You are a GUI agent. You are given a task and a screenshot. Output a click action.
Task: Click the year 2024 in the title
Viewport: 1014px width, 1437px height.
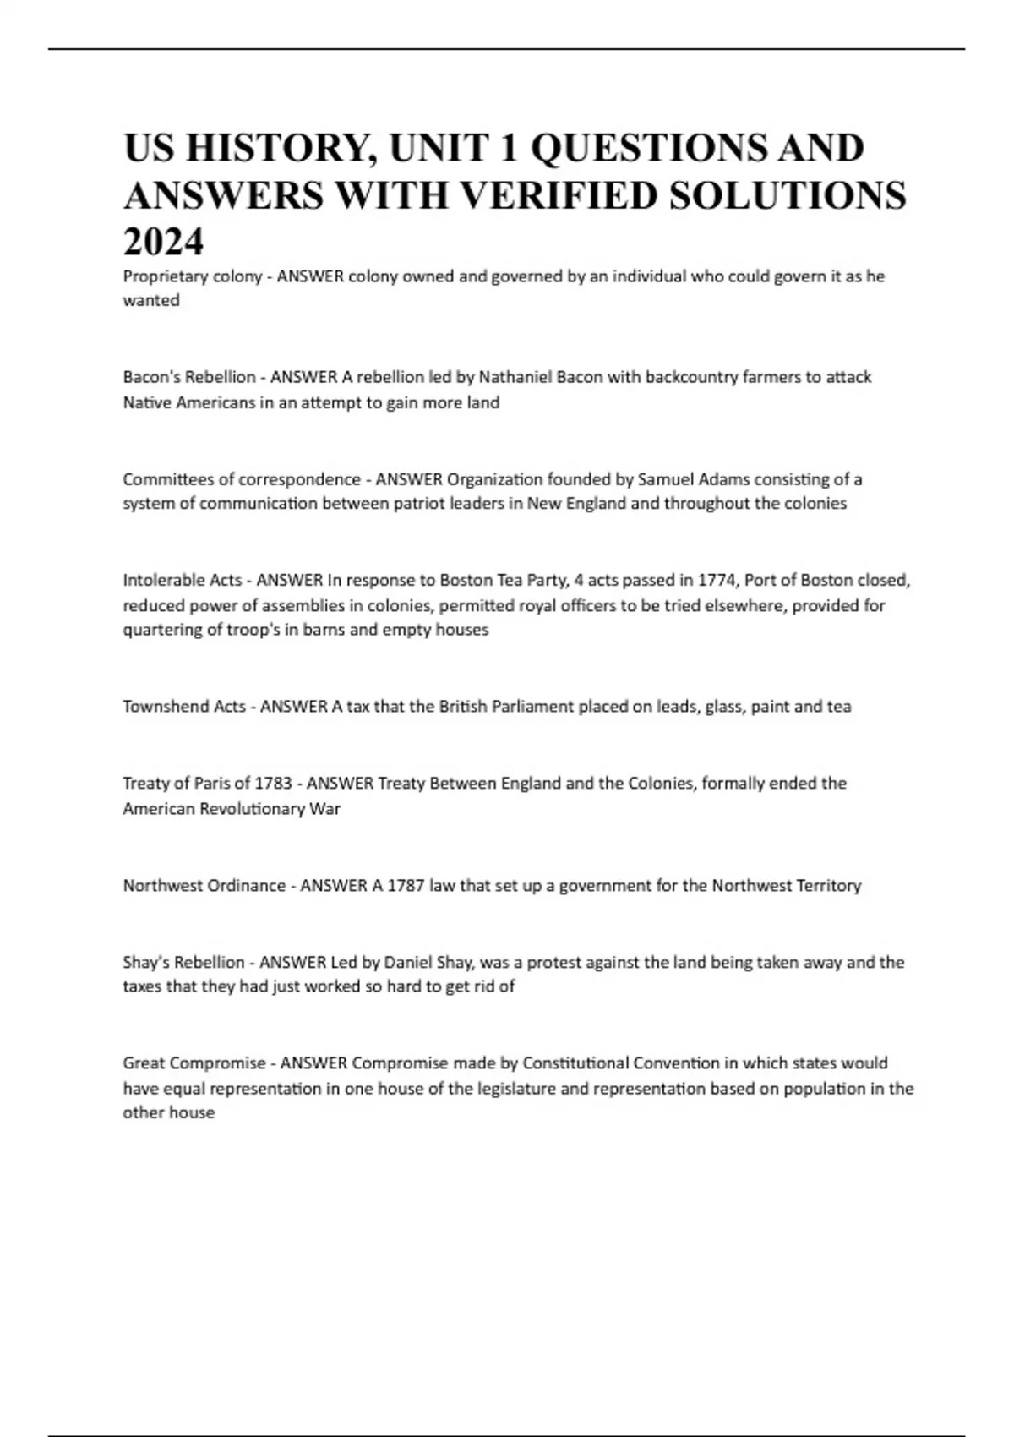click(x=163, y=243)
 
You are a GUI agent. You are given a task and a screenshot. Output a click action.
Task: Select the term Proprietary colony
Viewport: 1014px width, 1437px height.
click(x=192, y=276)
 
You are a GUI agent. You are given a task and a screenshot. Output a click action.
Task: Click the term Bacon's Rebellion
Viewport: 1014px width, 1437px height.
click(x=188, y=377)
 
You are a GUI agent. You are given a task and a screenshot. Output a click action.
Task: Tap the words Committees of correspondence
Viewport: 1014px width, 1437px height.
click(x=241, y=479)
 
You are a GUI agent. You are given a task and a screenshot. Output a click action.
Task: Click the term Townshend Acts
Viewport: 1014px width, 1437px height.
click(x=183, y=707)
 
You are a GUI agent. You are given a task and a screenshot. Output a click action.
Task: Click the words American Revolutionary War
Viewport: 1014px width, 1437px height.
click(x=231, y=809)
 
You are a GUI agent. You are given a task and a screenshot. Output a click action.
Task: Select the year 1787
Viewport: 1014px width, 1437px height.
click(x=405, y=886)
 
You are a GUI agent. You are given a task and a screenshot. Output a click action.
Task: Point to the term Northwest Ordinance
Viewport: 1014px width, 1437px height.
click(x=204, y=886)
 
